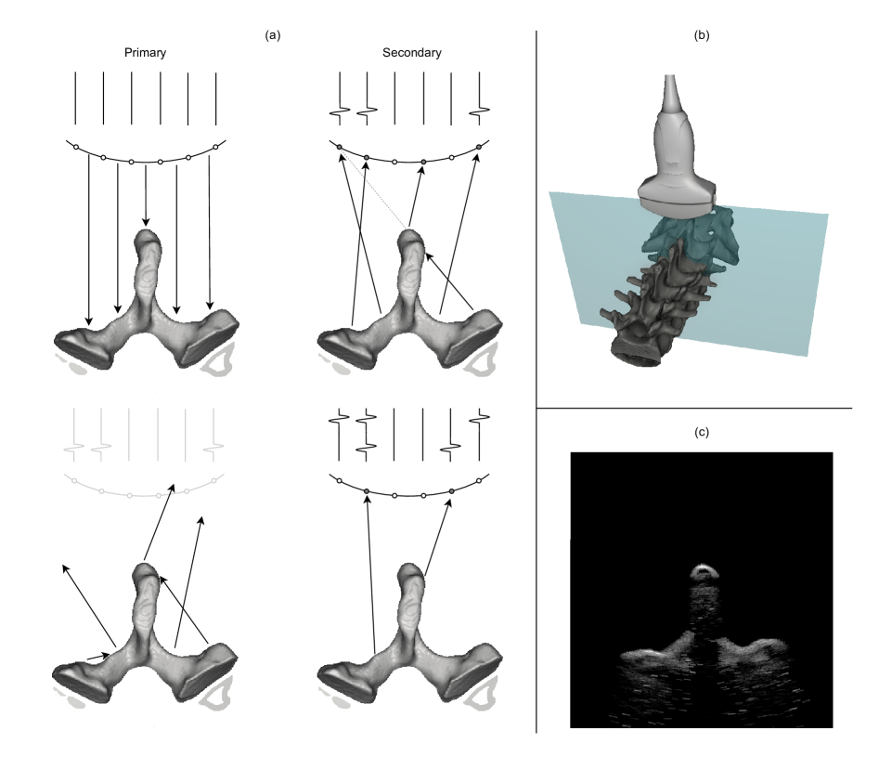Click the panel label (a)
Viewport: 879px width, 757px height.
(273, 35)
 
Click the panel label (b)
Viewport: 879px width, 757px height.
(702, 35)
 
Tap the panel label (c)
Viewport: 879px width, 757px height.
(702, 432)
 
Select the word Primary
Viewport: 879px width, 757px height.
(145, 53)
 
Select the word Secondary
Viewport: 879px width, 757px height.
(412, 53)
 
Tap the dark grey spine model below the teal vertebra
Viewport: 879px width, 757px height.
(656, 303)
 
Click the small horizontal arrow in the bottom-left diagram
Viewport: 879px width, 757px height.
(98, 656)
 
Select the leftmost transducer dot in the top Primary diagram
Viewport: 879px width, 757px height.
(76, 147)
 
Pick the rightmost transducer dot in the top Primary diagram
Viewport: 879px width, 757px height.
(216, 147)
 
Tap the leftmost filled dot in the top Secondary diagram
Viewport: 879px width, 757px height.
(339, 147)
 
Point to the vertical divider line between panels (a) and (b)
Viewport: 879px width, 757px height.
(536, 382)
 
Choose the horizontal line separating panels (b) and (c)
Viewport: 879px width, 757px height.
(694, 408)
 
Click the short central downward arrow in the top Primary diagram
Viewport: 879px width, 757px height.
(146, 195)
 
